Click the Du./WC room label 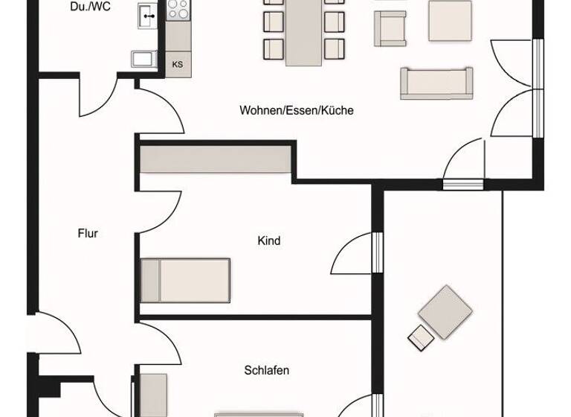point(91,7)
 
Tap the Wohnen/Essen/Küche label point(296,110)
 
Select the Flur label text point(88,233)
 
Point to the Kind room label point(268,241)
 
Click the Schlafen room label point(266,370)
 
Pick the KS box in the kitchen point(178,64)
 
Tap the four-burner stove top point(178,9)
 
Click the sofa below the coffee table point(436,83)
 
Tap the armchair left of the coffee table point(390,28)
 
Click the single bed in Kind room point(185,280)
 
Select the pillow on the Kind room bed point(150,280)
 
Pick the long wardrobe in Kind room point(215,160)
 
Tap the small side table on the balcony point(420,337)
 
